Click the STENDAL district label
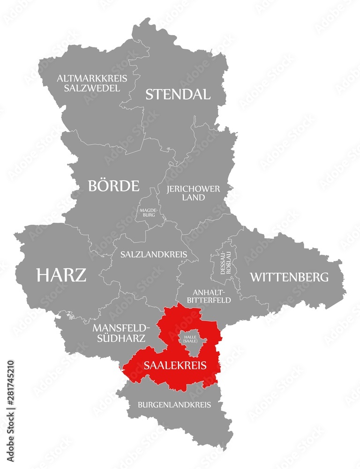tap(178, 94)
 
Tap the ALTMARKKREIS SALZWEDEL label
tap(89, 83)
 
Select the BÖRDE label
tap(113, 186)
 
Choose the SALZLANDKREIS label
tap(153, 255)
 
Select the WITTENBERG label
tap(289, 277)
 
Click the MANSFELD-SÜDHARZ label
tap(121, 332)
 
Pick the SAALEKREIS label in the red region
tap(175, 365)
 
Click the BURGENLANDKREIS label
tap(174, 404)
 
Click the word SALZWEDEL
tap(89, 88)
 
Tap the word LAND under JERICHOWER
tap(194, 197)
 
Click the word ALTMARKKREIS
tap(89, 78)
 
